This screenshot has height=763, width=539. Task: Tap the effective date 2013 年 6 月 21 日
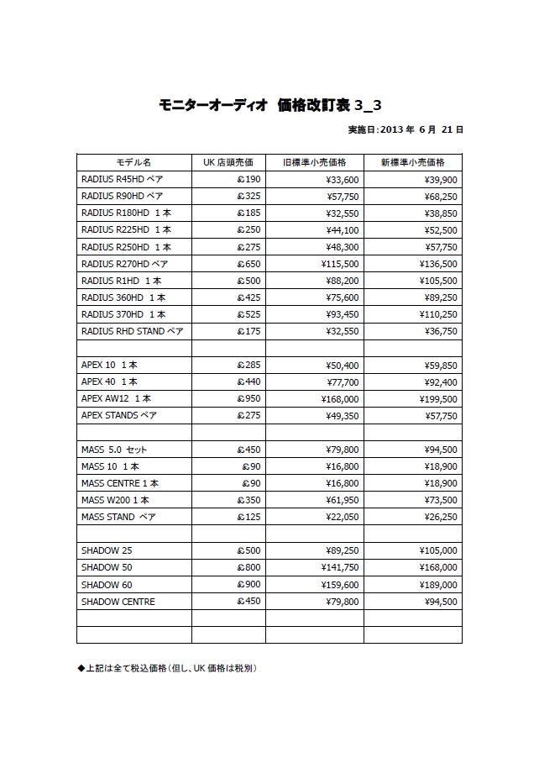(406, 130)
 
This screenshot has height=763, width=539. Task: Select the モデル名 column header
(133, 162)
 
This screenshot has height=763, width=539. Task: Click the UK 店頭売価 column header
(228, 162)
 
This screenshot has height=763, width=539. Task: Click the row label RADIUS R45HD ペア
(123, 179)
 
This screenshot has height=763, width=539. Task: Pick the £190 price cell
(249, 179)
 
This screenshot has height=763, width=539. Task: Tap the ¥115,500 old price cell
(340, 264)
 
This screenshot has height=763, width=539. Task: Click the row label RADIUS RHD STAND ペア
(132, 331)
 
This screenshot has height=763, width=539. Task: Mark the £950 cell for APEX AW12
(249, 399)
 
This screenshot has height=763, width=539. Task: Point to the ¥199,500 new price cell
(437, 399)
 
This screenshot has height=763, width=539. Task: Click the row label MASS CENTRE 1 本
(120, 483)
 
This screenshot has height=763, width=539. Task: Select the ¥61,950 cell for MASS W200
(343, 500)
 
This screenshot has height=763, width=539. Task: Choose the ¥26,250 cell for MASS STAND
(438, 517)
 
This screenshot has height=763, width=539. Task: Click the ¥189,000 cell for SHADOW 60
(437, 584)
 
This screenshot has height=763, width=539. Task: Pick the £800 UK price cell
(249, 567)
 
